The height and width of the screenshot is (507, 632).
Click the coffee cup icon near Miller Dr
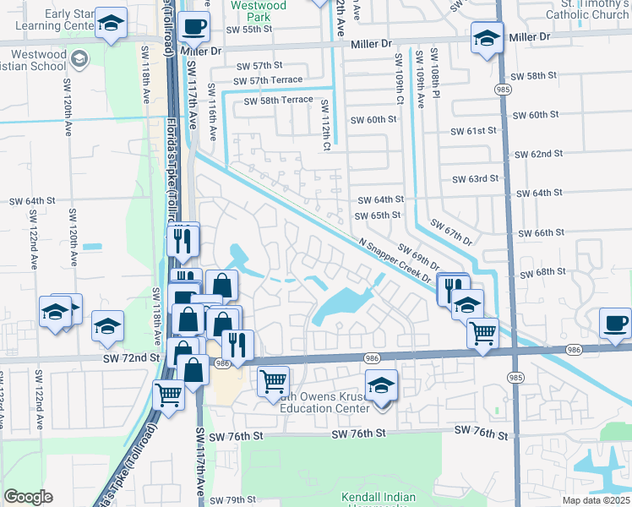pos(194,25)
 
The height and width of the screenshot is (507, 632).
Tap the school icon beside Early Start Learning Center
pos(111,25)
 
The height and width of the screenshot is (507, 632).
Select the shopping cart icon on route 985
pos(482,332)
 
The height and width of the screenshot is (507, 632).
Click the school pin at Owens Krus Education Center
pos(382,385)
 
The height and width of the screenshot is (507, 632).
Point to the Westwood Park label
pos(259,11)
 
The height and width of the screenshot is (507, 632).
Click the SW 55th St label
pos(249,30)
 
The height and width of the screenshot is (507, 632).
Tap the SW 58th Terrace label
pos(278,100)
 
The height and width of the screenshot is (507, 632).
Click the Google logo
pos(28,497)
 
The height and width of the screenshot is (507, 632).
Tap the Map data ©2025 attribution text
pos(596,500)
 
